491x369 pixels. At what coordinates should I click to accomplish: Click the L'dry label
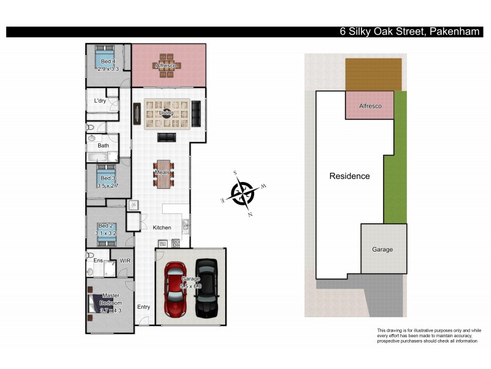(x=100, y=101)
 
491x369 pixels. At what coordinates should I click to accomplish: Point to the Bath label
(x=103, y=146)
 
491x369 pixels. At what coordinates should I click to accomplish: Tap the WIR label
(x=125, y=261)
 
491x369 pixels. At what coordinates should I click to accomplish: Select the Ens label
(x=98, y=261)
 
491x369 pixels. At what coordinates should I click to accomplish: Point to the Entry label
(x=144, y=307)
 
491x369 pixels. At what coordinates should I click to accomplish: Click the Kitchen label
(x=162, y=228)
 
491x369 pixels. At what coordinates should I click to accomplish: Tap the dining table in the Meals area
(x=163, y=173)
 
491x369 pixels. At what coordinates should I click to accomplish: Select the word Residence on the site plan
(x=349, y=176)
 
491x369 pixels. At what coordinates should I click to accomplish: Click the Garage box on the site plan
(x=382, y=249)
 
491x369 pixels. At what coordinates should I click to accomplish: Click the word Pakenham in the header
(x=455, y=32)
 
